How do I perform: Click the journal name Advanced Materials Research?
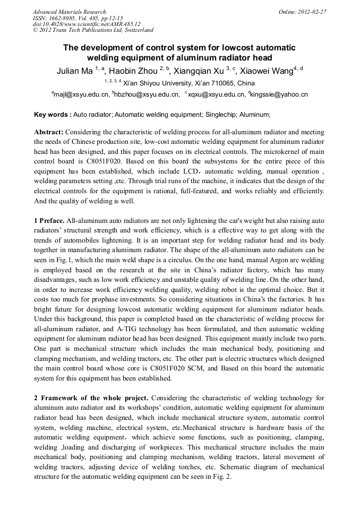point(69,12)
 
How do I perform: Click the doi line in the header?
point(86,24)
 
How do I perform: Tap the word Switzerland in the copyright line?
point(135,30)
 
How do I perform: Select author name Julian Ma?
point(74,71)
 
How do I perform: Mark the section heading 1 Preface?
point(49,219)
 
